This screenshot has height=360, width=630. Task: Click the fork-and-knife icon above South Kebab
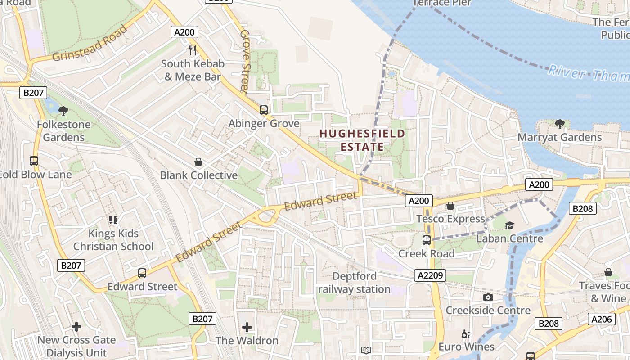coord(193,50)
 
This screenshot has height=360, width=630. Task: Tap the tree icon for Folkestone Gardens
coord(63,110)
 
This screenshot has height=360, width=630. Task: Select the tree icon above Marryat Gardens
coord(559,124)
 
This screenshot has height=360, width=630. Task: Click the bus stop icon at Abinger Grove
coord(264,110)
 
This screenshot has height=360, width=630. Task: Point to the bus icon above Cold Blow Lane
coord(34,161)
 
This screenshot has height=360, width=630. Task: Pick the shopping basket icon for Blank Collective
coord(198,162)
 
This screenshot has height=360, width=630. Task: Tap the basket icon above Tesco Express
coord(450,206)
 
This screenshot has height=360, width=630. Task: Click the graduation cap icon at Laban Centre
coord(509,225)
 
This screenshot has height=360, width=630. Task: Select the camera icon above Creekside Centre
coord(488,297)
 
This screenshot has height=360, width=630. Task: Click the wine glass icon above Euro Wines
coord(466,334)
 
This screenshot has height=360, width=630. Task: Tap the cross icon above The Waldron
coord(247,327)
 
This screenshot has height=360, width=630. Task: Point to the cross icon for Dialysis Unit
coord(76,326)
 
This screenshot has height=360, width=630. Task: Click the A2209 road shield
coord(430,275)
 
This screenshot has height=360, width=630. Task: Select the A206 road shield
coord(601,319)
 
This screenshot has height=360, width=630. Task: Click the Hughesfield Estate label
coord(362,140)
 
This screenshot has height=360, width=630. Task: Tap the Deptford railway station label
coord(354,283)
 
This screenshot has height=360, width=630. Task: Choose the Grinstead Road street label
coord(90,44)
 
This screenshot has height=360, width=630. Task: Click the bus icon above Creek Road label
coord(427,240)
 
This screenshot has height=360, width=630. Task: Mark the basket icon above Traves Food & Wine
coord(608,272)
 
